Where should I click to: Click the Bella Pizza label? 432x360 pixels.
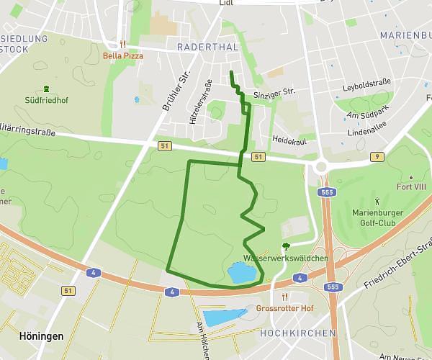click(x=124, y=55)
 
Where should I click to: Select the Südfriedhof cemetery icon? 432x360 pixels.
click(x=47, y=88)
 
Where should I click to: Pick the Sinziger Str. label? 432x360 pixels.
click(x=275, y=92)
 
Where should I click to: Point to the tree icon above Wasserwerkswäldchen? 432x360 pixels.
click(x=286, y=246)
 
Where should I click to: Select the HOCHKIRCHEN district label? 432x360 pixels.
click(x=297, y=333)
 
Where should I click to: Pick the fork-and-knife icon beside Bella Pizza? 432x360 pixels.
click(x=124, y=44)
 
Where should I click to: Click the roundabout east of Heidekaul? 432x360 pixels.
click(x=320, y=167)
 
